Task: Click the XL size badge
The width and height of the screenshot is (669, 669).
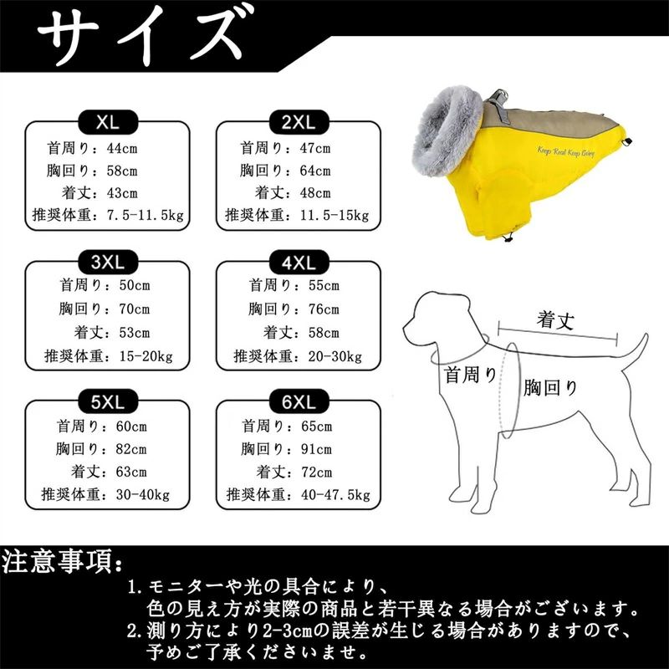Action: click(x=108, y=122)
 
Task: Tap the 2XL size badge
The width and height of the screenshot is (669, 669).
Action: click(x=299, y=122)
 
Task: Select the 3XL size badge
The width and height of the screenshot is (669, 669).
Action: click(x=108, y=262)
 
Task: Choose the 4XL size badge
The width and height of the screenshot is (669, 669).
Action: click(x=299, y=262)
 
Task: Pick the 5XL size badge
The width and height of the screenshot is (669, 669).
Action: click(x=108, y=401)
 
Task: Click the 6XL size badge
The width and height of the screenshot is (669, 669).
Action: click(x=299, y=401)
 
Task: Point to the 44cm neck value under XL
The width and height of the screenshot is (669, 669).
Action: click(x=122, y=149)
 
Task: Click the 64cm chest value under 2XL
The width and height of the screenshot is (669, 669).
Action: click(x=315, y=171)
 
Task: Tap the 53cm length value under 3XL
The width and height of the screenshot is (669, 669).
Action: click(x=135, y=332)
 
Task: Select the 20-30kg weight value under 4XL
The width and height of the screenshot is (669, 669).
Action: click(x=335, y=356)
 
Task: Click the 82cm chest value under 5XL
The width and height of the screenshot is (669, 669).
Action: click(x=131, y=449)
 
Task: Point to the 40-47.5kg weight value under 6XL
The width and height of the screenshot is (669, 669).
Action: click(x=335, y=495)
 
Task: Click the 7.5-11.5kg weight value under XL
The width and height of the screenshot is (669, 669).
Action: click(x=145, y=215)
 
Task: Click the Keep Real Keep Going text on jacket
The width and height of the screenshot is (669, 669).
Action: click(x=566, y=151)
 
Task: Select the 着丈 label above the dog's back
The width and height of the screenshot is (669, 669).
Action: click(x=555, y=320)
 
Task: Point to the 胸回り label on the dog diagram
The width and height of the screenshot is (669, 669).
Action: click(x=550, y=388)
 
